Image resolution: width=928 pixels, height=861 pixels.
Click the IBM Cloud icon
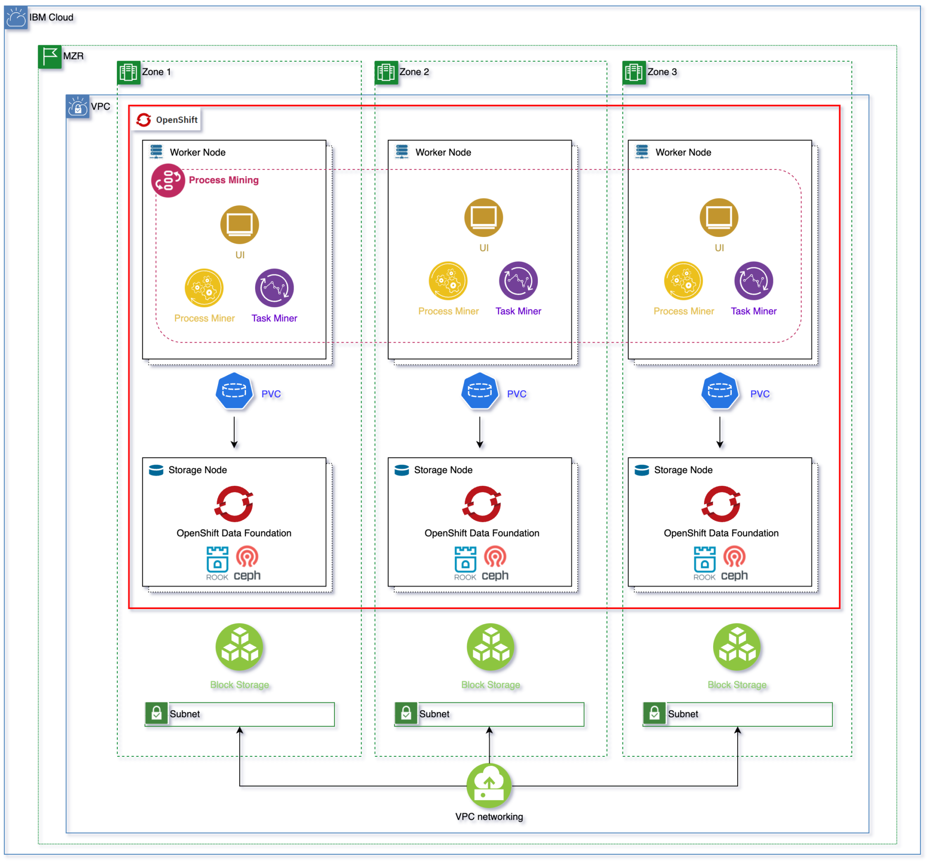(16, 18)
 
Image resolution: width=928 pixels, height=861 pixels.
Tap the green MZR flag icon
(49, 56)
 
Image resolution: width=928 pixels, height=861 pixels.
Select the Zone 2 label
(414, 72)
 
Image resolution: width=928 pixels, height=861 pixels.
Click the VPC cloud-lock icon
(77, 106)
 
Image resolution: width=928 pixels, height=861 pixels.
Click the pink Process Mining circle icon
(168, 180)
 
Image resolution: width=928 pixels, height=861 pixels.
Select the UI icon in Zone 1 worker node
(239, 225)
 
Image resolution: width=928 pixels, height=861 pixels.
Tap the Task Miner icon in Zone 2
(518, 281)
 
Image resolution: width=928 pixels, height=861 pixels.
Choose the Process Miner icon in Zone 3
(683, 281)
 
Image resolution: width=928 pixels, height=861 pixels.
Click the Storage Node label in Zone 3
(683, 469)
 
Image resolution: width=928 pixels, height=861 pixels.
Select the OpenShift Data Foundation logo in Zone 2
(482, 504)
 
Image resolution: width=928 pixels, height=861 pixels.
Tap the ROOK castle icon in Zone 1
(217, 559)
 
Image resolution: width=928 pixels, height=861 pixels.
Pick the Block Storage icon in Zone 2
(491, 647)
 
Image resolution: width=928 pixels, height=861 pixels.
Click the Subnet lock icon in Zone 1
(156, 713)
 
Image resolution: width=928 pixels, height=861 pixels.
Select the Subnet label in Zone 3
(683, 714)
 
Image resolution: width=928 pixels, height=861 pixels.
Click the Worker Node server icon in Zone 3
(642, 152)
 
